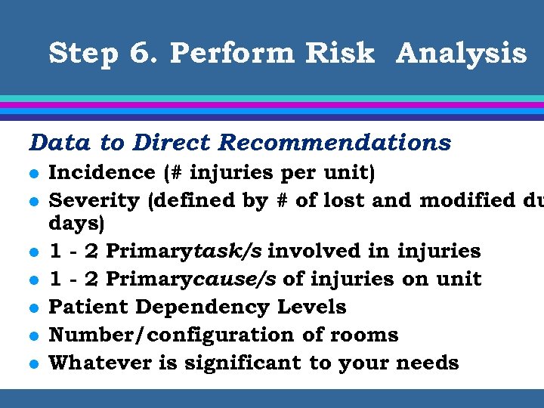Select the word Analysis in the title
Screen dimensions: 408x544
point(461,54)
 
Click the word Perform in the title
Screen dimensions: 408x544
point(233,54)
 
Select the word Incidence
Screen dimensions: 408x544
point(101,172)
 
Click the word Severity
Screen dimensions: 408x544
point(94,201)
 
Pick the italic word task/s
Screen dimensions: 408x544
point(227,251)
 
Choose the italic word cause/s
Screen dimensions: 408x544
point(232,279)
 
